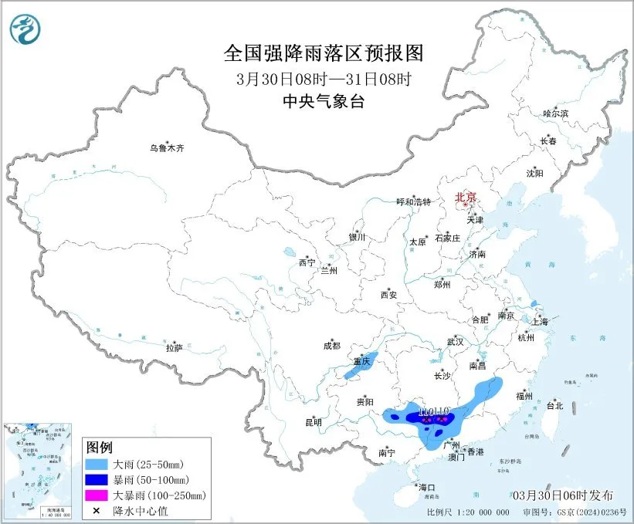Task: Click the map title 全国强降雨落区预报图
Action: (324, 53)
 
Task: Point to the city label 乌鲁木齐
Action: (168, 148)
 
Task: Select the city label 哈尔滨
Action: (555, 113)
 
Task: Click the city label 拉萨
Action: (174, 348)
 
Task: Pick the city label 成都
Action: (331, 347)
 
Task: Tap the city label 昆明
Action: (313, 422)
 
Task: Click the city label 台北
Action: (554, 405)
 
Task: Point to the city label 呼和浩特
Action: (413, 201)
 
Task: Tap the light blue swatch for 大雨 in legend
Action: (97, 465)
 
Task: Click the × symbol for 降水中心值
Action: (97, 509)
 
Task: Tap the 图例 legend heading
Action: (100, 448)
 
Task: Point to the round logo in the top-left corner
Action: (25, 29)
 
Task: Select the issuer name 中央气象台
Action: (324, 101)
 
